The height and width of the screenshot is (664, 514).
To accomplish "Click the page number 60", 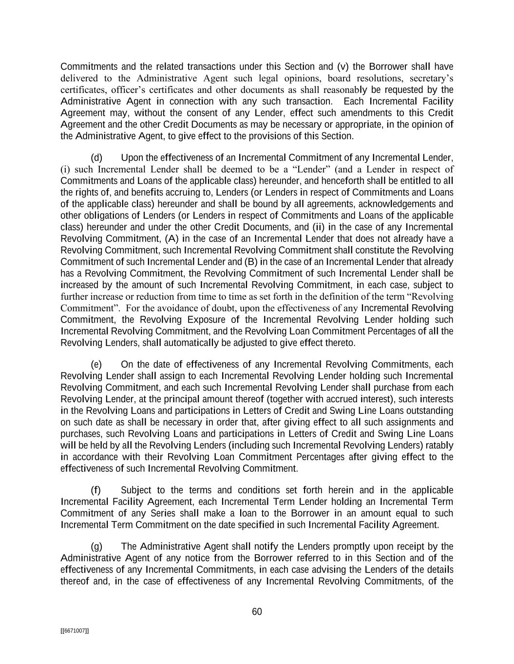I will (x=257, y=612).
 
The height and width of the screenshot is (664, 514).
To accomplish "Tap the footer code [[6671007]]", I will (x=74, y=631).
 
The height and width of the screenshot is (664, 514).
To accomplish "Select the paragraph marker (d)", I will (x=96, y=158).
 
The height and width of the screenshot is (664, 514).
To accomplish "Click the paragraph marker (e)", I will (x=96, y=365).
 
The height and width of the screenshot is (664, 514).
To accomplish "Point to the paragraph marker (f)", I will (x=96, y=490).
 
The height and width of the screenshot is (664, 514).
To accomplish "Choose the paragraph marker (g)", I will (x=96, y=547).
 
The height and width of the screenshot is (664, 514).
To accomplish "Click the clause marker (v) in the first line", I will (x=342, y=67).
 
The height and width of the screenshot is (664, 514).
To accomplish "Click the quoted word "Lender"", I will (x=314, y=170).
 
